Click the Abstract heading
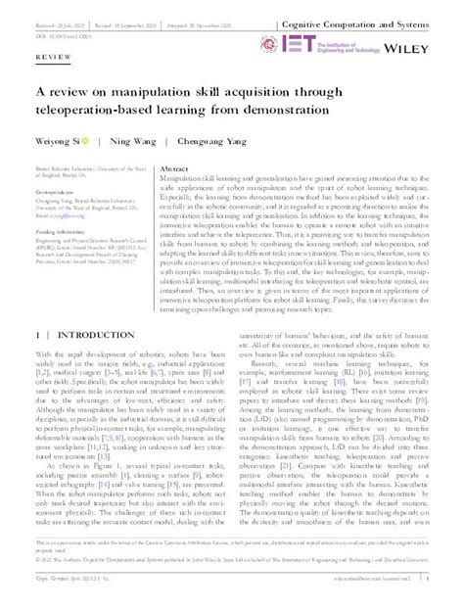tap(174, 168)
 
